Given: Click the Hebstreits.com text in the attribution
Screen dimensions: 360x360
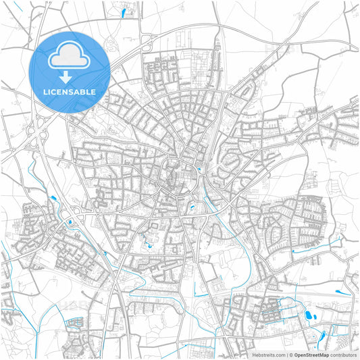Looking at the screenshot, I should tap(268, 355).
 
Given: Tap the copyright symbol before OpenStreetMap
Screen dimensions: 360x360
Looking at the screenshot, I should tap(291, 355).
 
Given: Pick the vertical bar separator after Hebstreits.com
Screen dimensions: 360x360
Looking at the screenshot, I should tap(286, 355).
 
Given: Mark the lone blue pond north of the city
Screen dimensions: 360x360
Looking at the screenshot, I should tap(123, 11).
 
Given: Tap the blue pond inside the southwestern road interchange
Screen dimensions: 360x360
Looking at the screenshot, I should tap(70, 221).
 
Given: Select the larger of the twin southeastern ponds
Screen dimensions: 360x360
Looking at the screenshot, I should tap(310, 315).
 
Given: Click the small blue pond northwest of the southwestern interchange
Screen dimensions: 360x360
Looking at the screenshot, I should tap(53, 198).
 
